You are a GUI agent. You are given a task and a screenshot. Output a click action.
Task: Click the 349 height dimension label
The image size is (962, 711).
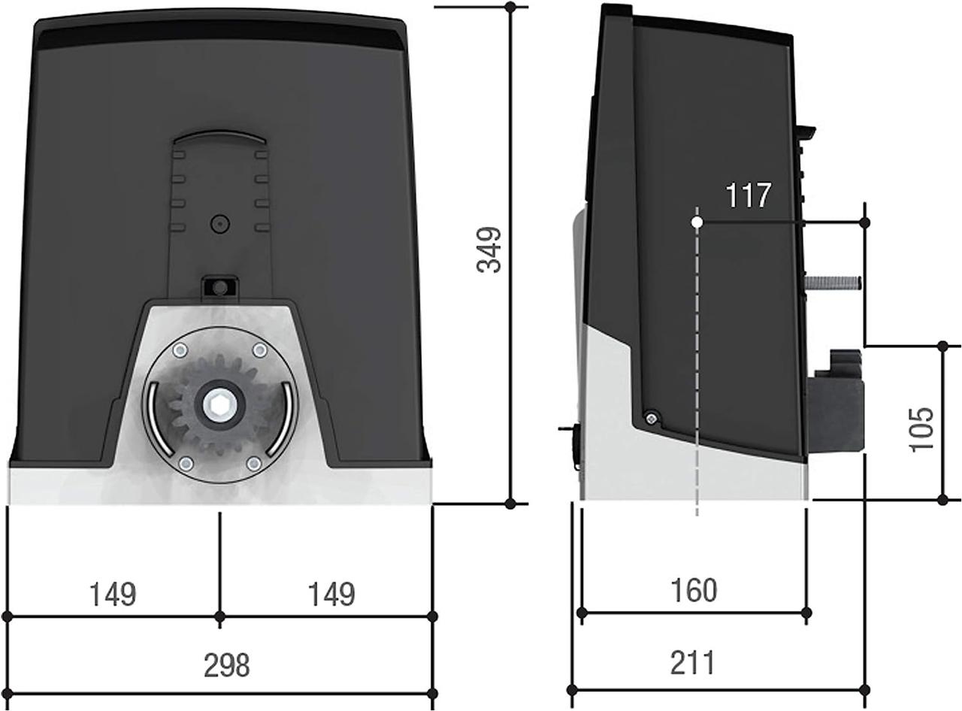point(489,250)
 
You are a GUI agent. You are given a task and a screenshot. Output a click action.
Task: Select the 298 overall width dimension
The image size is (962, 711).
point(227,665)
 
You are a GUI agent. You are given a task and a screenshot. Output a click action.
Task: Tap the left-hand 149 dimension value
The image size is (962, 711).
point(113,595)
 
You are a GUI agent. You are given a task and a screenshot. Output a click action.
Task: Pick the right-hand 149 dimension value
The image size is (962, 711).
point(331,595)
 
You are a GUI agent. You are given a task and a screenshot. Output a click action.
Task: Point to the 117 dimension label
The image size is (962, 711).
point(748,195)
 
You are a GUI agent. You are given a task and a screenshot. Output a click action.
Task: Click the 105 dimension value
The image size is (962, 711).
point(920,429)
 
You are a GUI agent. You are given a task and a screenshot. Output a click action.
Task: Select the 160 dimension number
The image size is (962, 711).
point(694,591)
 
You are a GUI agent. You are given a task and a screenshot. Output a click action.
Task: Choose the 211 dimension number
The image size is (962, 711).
point(692,662)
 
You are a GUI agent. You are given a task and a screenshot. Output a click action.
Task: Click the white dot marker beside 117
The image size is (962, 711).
point(697,222)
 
